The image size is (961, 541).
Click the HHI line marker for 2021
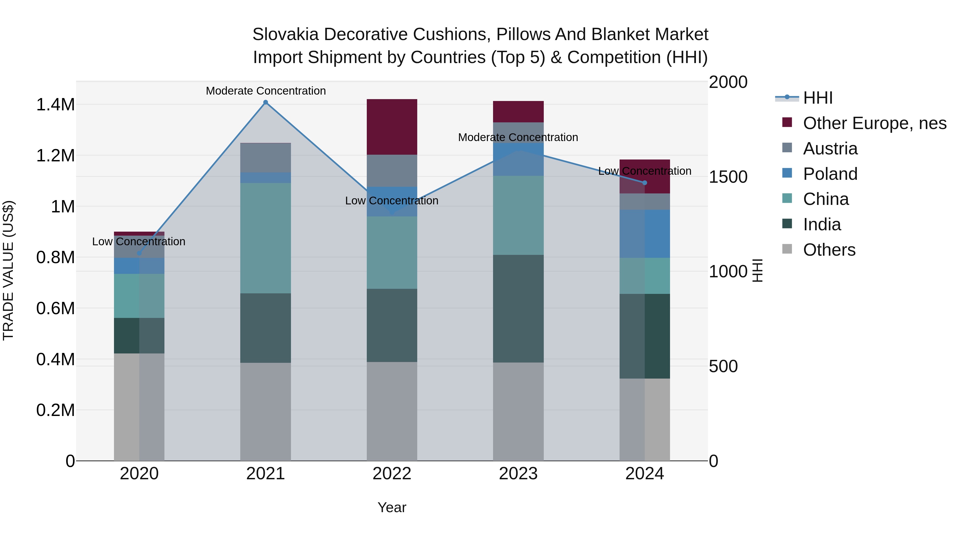click(266, 102)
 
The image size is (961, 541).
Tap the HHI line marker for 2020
click(139, 253)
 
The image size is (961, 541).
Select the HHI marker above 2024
click(645, 182)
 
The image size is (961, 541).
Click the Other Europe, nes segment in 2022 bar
click(392, 127)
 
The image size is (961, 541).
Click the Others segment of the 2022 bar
click(392, 411)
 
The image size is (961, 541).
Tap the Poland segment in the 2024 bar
click(645, 234)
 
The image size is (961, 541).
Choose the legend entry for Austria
click(830, 149)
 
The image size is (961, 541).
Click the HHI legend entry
click(817, 98)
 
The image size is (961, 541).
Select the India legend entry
click(822, 224)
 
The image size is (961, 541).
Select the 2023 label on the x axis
click(518, 474)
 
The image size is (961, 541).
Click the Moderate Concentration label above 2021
click(266, 91)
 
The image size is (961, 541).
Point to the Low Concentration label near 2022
click(392, 200)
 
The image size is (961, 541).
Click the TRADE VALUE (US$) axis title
click(8, 270)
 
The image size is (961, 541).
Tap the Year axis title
click(392, 507)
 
